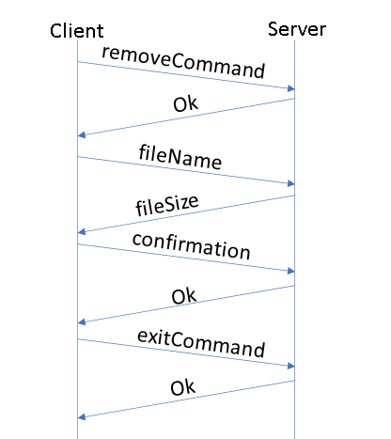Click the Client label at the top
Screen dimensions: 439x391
(x=77, y=31)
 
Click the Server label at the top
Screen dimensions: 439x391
(x=296, y=29)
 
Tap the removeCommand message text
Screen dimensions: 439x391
(x=182, y=63)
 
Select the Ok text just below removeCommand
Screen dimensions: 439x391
(x=186, y=103)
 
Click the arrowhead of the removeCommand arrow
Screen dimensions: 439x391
(x=290, y=89)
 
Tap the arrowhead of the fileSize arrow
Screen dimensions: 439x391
(x=83, y=231)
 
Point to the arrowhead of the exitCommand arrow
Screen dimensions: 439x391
(x=290, y=366)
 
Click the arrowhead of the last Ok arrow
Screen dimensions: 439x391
(x=83, y=416)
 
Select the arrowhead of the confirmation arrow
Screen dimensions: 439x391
(x=290, y=272)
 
